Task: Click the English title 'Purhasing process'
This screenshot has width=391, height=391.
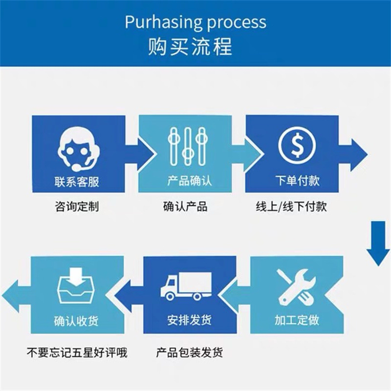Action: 195,22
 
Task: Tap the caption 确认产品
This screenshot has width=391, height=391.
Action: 185,206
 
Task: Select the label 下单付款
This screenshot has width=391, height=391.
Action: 297,181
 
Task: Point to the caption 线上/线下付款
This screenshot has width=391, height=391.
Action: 291,206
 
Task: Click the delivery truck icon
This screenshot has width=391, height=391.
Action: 186,286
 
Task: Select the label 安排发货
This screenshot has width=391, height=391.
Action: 189,321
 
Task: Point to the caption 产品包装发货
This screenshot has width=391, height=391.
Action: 190,352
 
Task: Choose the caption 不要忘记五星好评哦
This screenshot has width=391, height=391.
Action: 77,352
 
